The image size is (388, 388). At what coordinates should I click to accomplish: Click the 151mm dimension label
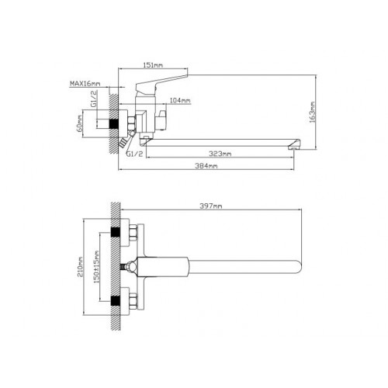153,64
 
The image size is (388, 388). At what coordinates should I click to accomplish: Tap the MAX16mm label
85,84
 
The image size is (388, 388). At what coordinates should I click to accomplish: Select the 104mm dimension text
180,100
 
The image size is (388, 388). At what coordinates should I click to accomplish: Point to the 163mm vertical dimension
313,112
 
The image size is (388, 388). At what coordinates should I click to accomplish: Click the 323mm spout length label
220,154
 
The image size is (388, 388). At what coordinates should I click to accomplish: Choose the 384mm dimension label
206,166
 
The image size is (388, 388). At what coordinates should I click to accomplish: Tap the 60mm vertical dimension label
80,123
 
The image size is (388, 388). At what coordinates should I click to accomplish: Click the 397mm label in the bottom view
211,206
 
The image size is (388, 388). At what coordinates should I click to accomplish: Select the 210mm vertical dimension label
80,267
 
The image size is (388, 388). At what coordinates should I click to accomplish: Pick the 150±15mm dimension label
96,267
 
